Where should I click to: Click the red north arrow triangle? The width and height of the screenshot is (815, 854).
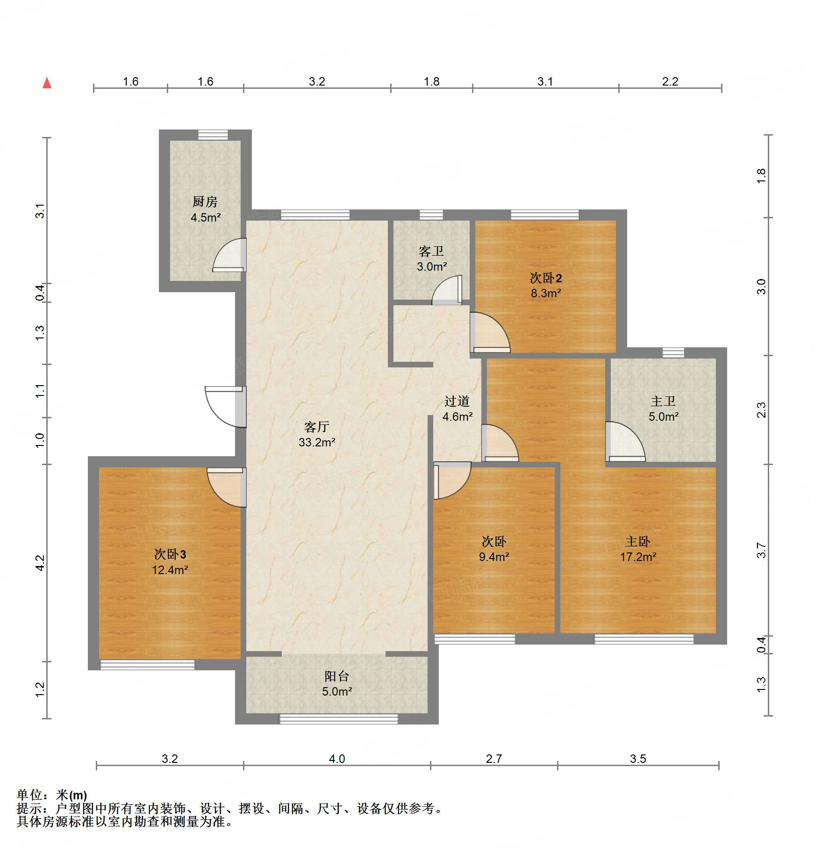(47, 83)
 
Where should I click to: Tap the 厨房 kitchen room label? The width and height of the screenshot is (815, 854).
(205, 201)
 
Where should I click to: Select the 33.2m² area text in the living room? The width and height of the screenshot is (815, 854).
(317, 442)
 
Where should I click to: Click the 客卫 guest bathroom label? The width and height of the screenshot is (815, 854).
(431, 251)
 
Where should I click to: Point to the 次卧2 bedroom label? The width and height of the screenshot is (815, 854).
(545, 278)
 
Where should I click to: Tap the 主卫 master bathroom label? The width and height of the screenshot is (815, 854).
(663, 401)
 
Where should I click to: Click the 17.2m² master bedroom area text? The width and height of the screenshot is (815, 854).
(638, 557)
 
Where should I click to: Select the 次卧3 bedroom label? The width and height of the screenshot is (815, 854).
(170, 554)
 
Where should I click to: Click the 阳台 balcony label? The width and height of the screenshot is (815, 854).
(336, 676)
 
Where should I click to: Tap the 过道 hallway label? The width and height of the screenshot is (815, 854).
(457, 401)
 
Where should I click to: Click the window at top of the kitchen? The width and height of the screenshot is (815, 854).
(213, 135)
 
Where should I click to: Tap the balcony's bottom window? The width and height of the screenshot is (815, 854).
(338, 719)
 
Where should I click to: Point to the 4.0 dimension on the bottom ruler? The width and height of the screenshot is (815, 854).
(336, 759)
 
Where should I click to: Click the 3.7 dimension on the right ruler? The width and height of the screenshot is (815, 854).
(761, 551)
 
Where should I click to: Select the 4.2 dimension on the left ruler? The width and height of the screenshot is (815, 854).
(40, 563)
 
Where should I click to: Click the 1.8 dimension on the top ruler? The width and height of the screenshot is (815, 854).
(431, 82)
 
